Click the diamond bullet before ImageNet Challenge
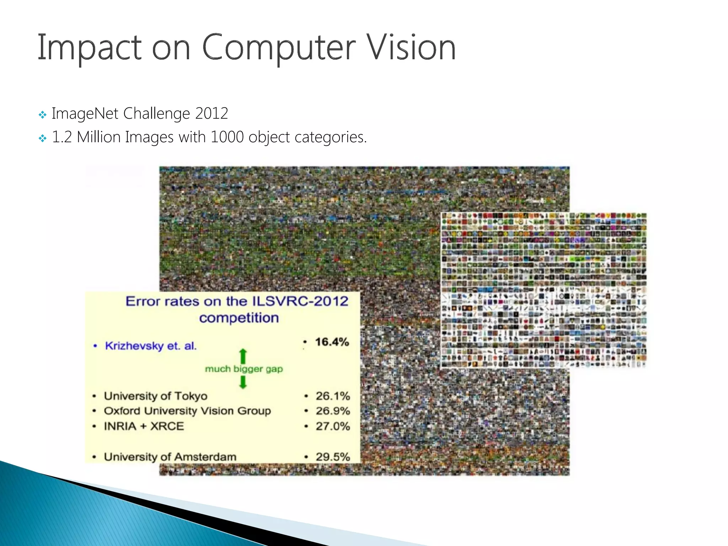(x=43, y=115)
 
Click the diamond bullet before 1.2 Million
(x=43, y=138)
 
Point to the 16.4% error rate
(x=332, y=342)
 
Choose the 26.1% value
(x=333, y=396)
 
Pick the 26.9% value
(x=333, y=411)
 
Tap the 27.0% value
(x=333, y=426)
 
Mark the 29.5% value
(x=333, y=457)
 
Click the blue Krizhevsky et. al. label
(x=151, y=346)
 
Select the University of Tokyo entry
(x=156, y=396)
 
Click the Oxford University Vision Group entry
(x=187, y=411)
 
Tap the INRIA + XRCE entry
(x=144, y=426)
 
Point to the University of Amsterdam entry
(x=170, y=457)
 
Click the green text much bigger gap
(x=244, y=369)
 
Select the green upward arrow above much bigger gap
(x=243, y=356)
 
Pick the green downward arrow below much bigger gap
(x=243, y=382)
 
